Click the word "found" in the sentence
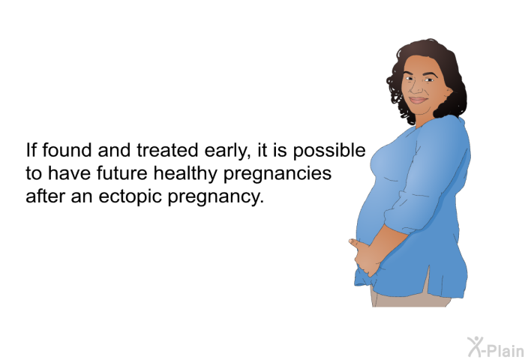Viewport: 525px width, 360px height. (67, 150)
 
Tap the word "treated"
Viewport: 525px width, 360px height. (167, 150)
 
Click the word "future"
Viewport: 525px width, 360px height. (121, 173)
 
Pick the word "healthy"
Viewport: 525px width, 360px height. (185, 175)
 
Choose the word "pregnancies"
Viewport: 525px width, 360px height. (277, 175)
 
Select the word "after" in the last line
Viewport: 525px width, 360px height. (45, 196)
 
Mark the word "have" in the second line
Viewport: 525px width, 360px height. (69, 173)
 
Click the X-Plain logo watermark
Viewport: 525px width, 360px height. (496, 347)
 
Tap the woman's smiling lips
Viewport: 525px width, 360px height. (418, 100)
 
